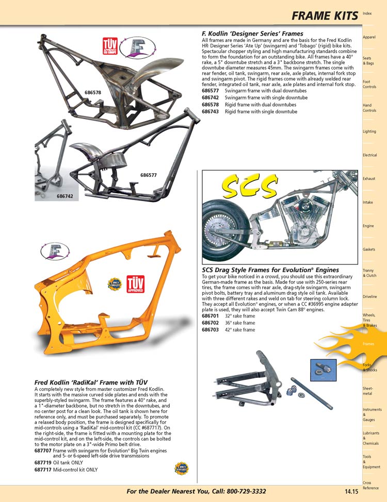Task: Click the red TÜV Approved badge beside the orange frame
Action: [x=135, y=282]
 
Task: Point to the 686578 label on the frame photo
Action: [x=93, y=93]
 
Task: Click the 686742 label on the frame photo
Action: [x=64, y=196]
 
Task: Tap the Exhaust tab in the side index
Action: [x=369, y=179]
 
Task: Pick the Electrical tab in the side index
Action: [x=369, y=155]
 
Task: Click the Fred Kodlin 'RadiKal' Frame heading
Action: [x=91, y=382]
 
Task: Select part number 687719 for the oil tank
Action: [x=43, y=463]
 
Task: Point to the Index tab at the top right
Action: [x=367, y=13]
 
